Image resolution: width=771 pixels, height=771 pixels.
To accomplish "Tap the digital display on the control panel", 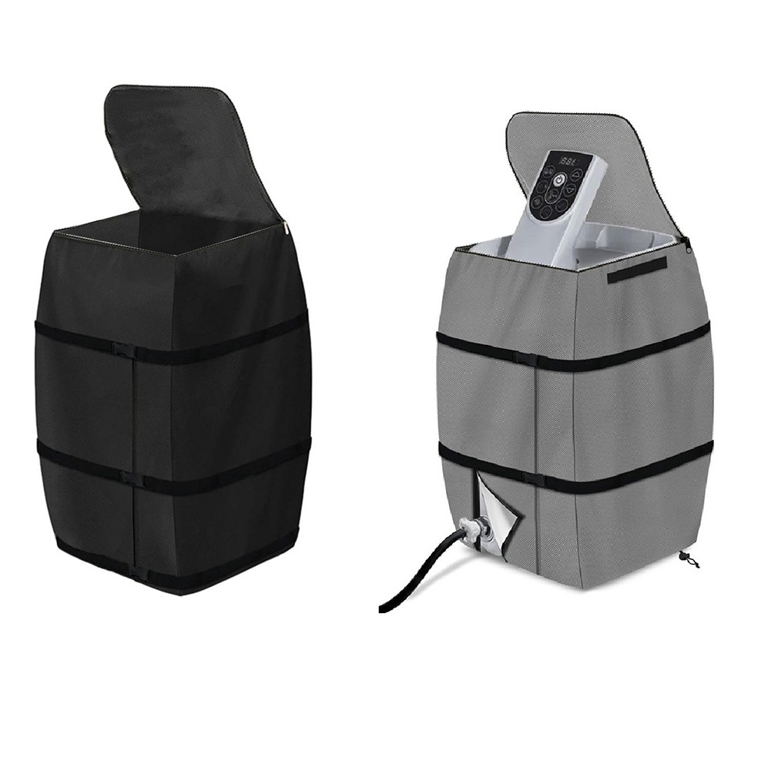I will point(569,163).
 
